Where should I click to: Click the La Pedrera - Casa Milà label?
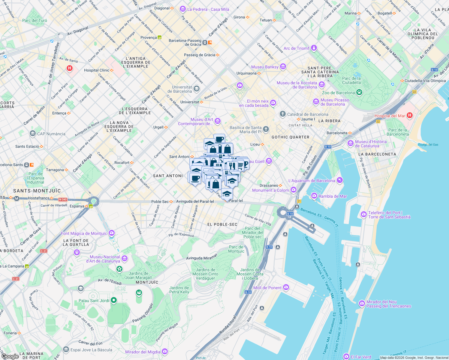pos(208,9)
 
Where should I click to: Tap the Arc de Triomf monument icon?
pos(314,48)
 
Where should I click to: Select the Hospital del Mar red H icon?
pos(410,115)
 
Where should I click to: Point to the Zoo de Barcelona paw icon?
pos(359,92)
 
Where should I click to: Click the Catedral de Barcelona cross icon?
pos(282,114)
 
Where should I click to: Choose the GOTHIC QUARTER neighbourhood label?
pos(290,137)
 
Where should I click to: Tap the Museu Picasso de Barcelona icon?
pos(316,102)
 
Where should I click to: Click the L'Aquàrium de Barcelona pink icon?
pos(339,180)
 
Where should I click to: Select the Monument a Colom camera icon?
pos(294,190)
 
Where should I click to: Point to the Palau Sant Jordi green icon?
pos(113,300)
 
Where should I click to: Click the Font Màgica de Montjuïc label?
pos(84,233)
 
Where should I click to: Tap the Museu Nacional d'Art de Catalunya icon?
pos(125,258)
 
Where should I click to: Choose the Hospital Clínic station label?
pos(97,70)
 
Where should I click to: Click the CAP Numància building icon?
pos(33,133)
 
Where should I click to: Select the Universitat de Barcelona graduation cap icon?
pos(196,88)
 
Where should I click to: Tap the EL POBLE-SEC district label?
pos(222,224)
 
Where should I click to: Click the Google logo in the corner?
pos(10,356)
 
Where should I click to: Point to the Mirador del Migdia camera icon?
pos(164,351)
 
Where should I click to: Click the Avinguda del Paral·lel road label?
pos(195,202)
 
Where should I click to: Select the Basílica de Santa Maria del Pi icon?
pos(266,129)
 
